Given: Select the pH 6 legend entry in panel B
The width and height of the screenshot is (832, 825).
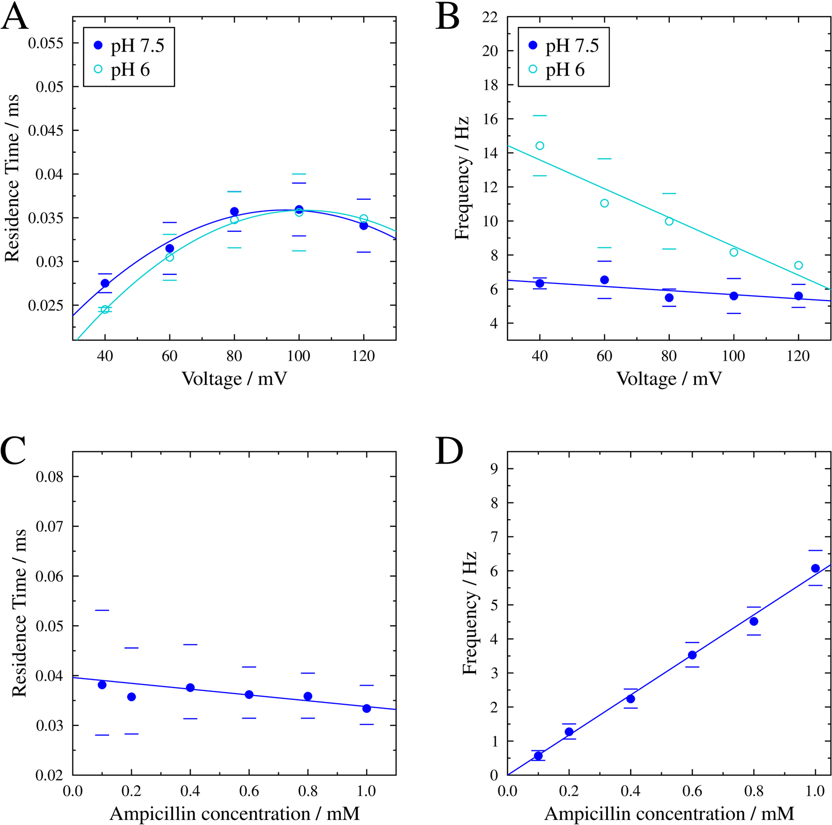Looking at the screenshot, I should tap(556, 69).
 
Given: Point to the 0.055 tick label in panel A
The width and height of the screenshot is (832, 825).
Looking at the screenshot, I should tap(46, 43).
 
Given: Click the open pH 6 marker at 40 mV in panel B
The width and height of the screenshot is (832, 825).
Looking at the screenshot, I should tap(540, 146).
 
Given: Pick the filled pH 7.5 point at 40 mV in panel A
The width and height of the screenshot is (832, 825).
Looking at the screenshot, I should tap(105, 283).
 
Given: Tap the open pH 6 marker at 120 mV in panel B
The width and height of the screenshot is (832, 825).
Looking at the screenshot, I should tap(799, 265).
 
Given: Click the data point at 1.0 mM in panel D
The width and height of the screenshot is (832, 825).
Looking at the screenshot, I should tap(815, 568).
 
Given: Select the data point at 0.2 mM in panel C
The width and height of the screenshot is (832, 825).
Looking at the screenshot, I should tap(131, 697).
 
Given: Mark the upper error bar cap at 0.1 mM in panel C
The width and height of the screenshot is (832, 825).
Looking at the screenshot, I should tap(102, 610).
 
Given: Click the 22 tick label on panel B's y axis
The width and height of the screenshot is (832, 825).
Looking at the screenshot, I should tap(488, 18).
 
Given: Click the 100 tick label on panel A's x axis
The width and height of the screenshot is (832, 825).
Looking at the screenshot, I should tap(299, 356).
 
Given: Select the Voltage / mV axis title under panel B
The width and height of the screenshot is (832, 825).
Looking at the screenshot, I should tap(669, 379).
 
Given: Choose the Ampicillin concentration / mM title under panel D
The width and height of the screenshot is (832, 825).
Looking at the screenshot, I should tap(669, 813).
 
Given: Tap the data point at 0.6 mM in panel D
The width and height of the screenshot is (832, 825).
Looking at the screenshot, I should tap(692, 655).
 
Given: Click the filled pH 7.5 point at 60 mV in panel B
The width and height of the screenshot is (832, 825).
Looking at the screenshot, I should tap(604, 280).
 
